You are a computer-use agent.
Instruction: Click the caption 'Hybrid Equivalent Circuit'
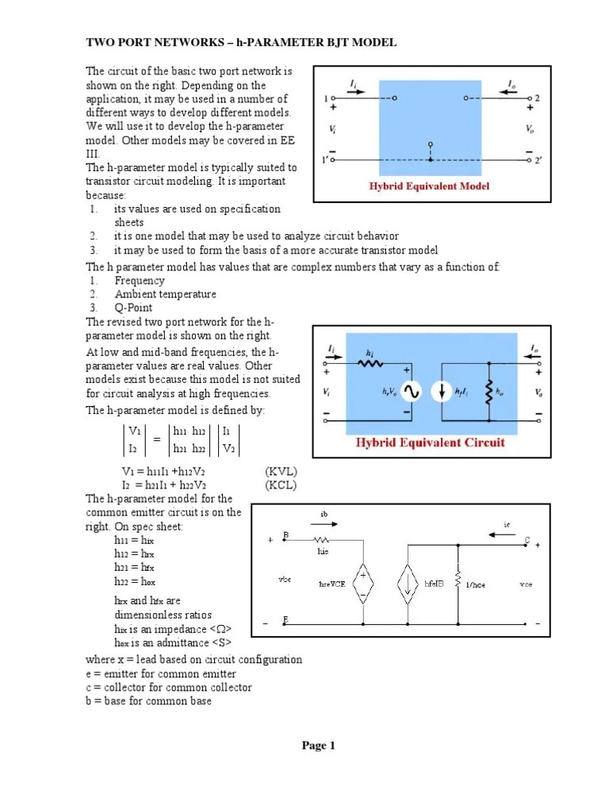[430, 442]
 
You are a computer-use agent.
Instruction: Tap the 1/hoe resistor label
[476, 584]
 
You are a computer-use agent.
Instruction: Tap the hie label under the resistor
[323, 549]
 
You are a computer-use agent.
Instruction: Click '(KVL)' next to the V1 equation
[281, 472]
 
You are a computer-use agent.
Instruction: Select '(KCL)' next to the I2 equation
[281, 485]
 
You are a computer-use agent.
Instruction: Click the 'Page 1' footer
[319, 745]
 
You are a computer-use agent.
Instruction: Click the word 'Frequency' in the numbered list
[140, 281]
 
